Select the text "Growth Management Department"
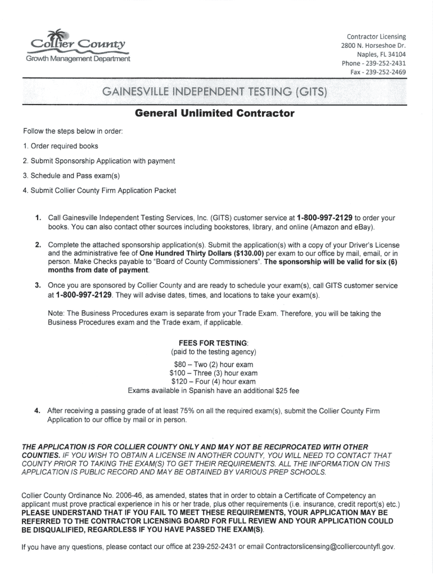78,58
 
